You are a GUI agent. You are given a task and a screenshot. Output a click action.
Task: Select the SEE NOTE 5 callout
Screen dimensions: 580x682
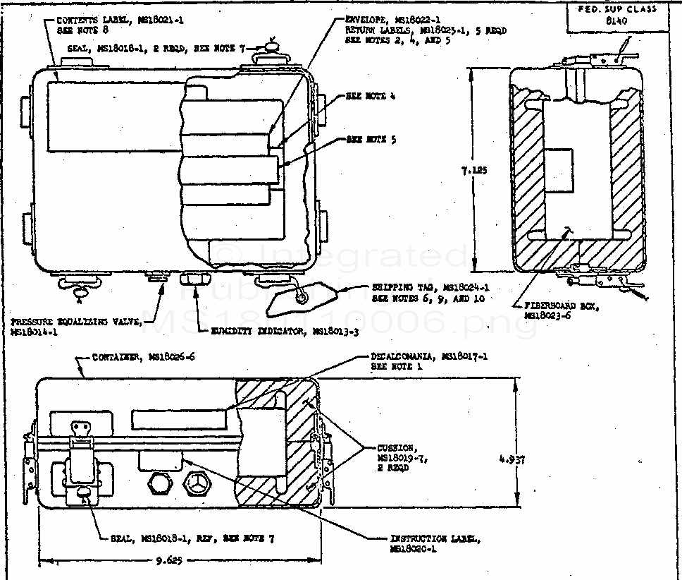371,140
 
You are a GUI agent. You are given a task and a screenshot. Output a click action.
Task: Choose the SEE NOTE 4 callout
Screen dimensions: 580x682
371,96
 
